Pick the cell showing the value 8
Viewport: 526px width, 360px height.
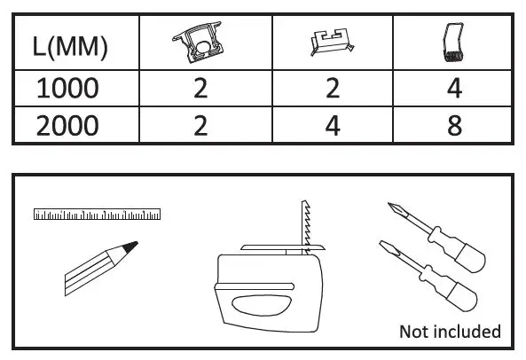[x=454, y=124]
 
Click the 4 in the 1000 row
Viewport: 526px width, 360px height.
[x=454, y=89]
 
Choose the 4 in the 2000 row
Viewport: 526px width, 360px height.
[x=333, y=124]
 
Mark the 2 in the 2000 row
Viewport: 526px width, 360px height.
[x=200, y=124]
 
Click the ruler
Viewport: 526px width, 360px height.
[x=97, y=215]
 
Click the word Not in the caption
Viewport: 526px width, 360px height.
[x=414, y=332]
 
